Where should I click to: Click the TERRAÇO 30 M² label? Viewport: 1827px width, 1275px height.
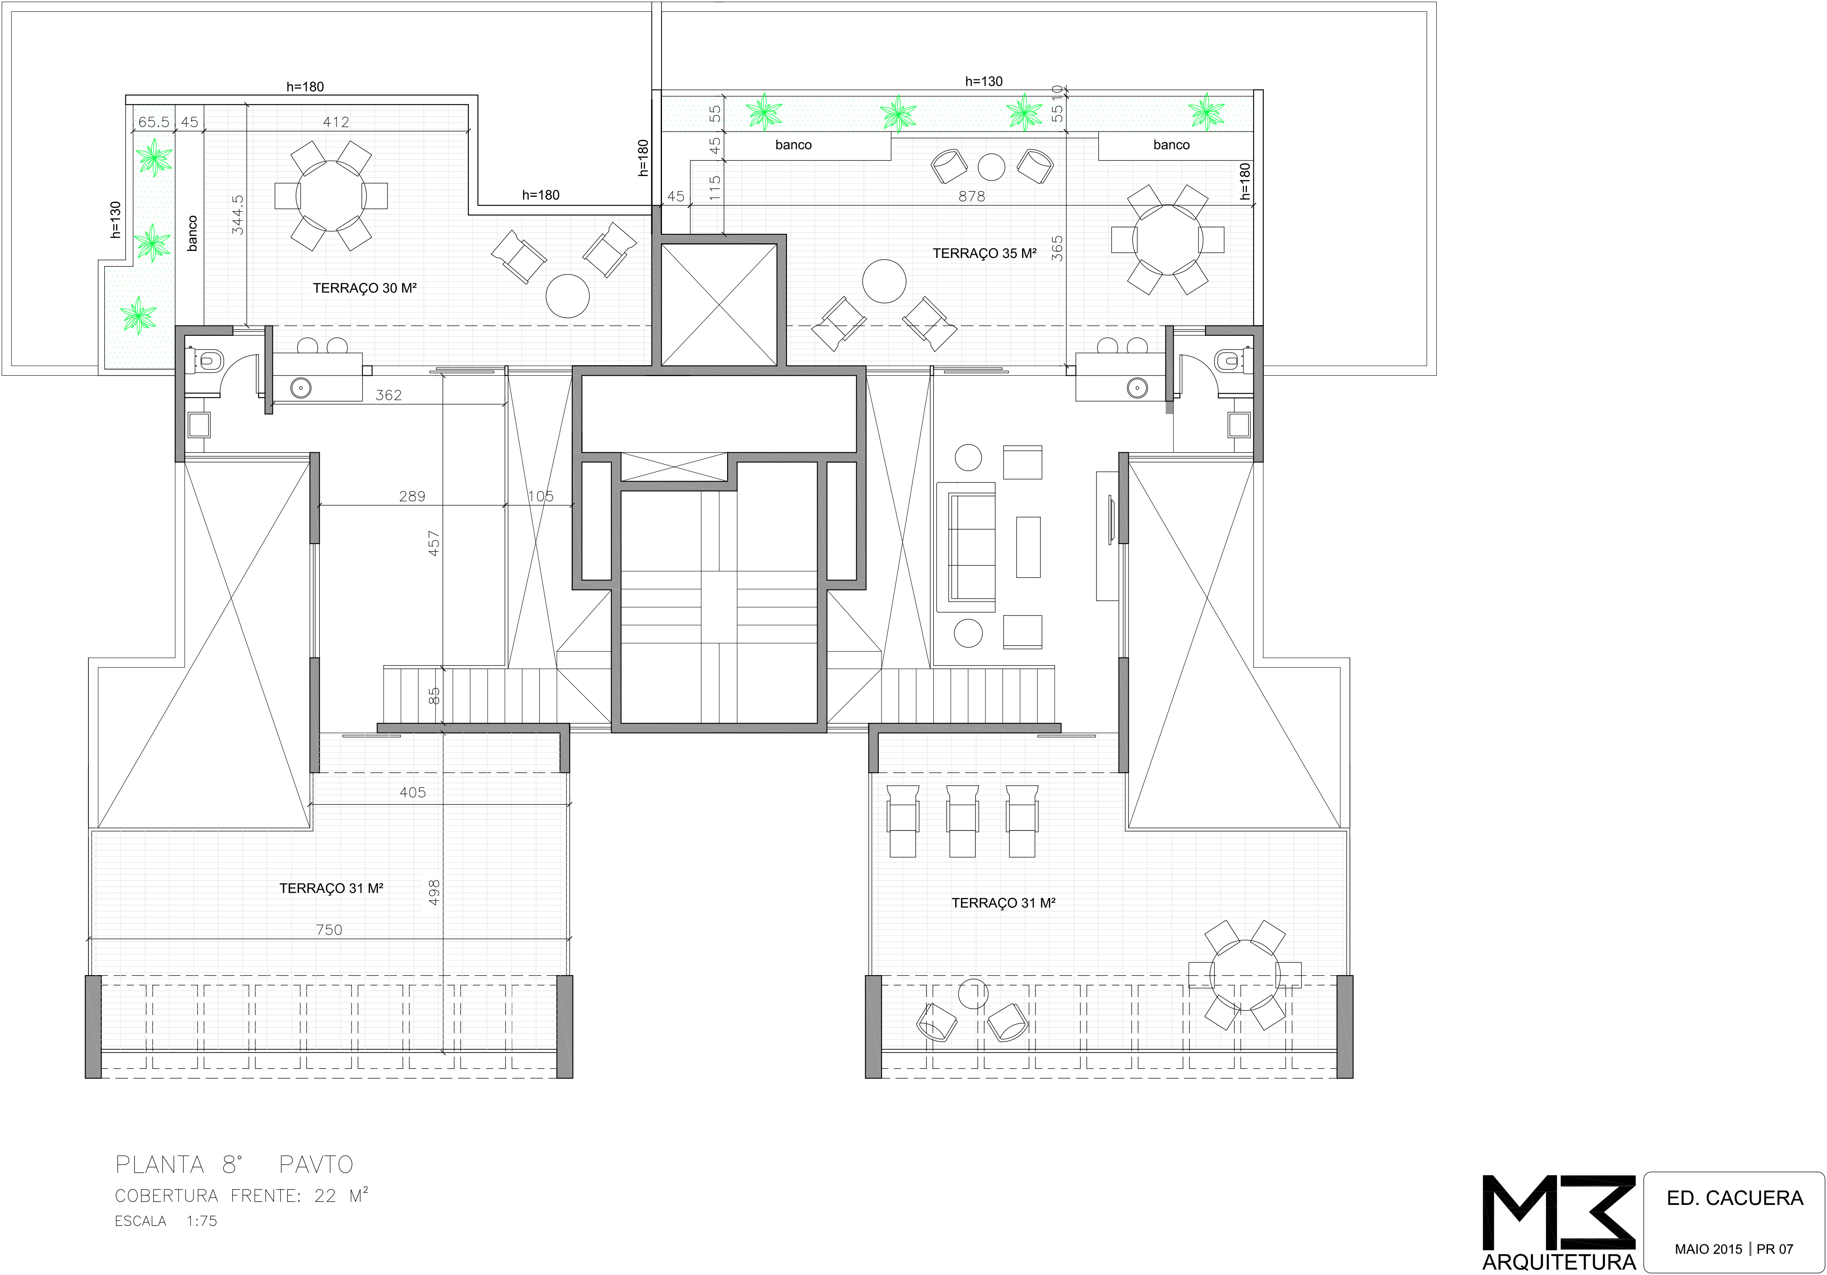[x=365, y=288]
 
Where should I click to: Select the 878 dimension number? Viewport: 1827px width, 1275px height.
[x=972, y=196]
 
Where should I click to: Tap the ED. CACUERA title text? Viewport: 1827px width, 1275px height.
[x=1735, y=1198]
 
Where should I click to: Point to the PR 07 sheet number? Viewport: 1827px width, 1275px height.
[x=1775, y=1249]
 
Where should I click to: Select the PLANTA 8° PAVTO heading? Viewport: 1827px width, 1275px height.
[x=234, y=1165]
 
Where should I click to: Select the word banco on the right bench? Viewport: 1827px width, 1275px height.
[x=1171, y=145]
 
